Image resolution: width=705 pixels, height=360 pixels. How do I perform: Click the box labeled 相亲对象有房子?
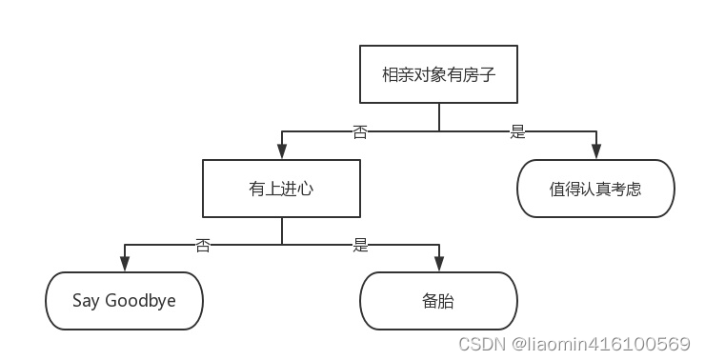(x=438, y=74)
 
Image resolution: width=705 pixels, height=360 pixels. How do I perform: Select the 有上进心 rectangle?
(x=281, y=189)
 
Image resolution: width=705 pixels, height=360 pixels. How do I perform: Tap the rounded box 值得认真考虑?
(x=595, y=189)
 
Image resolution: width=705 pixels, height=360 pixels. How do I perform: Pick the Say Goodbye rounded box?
(x=124, y=301)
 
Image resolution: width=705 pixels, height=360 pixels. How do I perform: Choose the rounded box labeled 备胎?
(x=438, y=301)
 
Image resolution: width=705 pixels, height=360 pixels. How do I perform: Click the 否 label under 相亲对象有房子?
(x=360, y=132)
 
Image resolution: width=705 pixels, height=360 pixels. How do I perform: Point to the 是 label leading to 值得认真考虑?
(x=517, y=132)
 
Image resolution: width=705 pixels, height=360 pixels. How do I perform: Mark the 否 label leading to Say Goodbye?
(x=203, y=245)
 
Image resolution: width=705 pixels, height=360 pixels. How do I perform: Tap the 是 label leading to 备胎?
(x=360, y=245)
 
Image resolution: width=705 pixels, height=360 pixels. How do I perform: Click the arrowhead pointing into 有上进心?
(x=281, y=152)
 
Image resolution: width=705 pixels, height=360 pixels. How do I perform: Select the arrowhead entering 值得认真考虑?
(x=595, y=152)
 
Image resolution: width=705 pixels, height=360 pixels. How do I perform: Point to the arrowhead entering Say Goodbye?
(x=124, y=265)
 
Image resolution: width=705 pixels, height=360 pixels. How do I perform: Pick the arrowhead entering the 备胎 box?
(x=438, y=265)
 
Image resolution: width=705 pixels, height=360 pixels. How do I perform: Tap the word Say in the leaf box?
(x=86, y=301)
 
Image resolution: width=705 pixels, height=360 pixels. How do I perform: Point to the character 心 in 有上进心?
(x=306, y=189)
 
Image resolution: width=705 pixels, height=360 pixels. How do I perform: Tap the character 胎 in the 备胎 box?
(x=447, y=301)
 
